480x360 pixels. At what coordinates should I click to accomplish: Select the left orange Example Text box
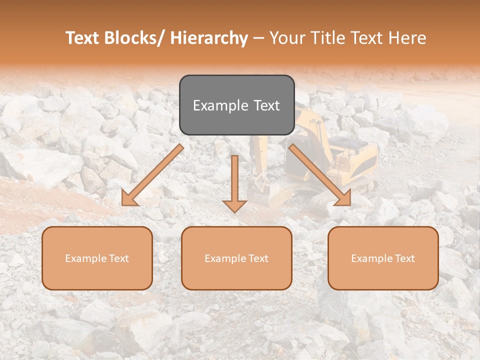[97, 258]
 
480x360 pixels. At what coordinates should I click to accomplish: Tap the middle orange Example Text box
[236, 258]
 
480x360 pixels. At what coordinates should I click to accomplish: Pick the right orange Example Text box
[383, 258]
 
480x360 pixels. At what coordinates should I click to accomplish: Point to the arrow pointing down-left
[153, 175]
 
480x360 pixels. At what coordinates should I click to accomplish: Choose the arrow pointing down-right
[320, 175]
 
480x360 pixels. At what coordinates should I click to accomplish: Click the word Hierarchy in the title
[209, 38]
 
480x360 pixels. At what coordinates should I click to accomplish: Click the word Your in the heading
[287, 38]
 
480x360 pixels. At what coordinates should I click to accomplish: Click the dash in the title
[258, 38]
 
